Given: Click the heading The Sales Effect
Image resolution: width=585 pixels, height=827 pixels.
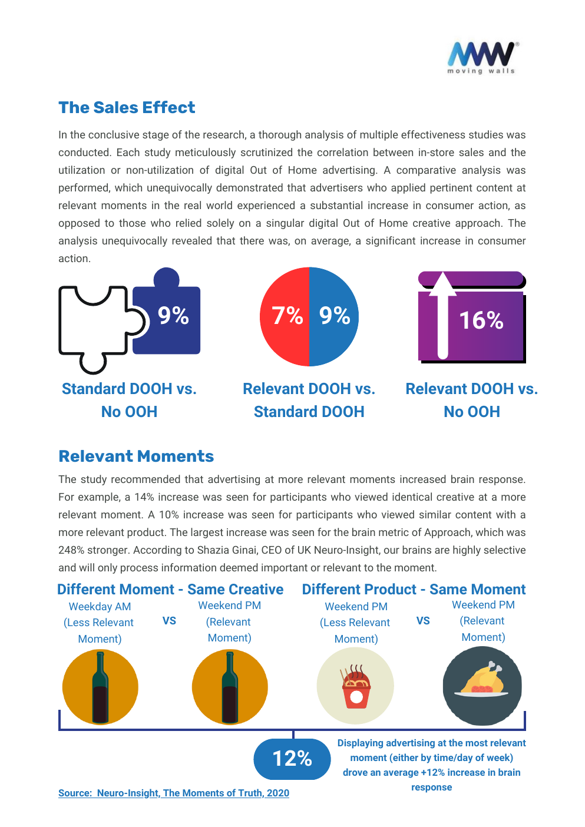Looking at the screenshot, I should tap(127, 107).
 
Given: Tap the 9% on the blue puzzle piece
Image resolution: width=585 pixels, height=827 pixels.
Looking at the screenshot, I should tap(173, 316).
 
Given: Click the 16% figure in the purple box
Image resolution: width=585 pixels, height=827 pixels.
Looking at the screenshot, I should tap(481, 320).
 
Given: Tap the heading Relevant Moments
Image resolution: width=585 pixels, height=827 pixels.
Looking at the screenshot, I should tap(136, 456).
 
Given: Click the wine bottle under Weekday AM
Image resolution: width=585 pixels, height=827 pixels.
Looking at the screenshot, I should tap(100, 687).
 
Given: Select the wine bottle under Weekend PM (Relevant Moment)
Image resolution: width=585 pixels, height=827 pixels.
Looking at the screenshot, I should tap(230, 687).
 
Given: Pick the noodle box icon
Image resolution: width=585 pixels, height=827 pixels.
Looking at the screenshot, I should tap(355, 686).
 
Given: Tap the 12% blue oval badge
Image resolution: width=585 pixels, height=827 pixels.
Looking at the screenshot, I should tap(292, 759).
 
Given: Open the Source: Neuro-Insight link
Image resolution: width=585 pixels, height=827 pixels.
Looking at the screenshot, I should tap(174, 793).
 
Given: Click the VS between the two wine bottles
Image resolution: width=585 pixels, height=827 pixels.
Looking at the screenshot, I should tap(169, 621).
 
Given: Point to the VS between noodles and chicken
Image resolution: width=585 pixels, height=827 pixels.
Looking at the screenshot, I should tap(423, 621).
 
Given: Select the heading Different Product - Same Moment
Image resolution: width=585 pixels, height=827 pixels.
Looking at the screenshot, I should tap(414, 589).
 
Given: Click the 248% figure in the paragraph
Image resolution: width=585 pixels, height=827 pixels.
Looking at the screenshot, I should tap(71, 550).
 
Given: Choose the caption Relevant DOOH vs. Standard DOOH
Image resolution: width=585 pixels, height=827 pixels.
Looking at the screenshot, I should tap(309, 400).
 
